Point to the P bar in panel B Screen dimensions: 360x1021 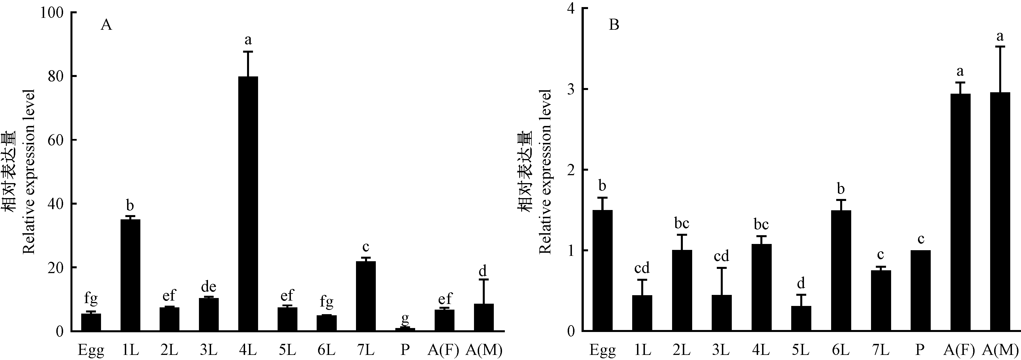(920, 291)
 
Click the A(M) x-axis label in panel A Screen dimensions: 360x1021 (484, 350)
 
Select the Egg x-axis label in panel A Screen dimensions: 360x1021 (91, 350)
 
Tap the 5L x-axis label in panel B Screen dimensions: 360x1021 (801, 350)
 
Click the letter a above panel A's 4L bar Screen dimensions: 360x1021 (248, 40)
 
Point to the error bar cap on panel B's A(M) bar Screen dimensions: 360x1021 (999, 47)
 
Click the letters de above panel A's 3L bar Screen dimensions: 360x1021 (209, 287)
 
